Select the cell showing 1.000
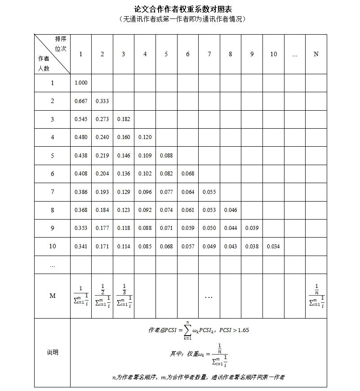pyautogui.click(x=81, y=83)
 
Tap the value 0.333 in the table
pyautogui.click(x=102, y=101)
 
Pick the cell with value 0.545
pyautogui.click(x=81, y=119)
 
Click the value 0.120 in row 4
pyautogui.click(x=145, y=137)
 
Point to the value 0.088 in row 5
pyautogui.click(x=166, y=156)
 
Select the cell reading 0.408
pyautogui.click(x=81, y=174)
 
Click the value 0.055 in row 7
pyautogui.click(x=209, y=192)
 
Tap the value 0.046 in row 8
pyautogui.click(x=230, y=210)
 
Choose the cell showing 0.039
pyautogui.click(x=252, y=228)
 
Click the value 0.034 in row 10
pyautogui.click(x=273, y=247)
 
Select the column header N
pyautogui.click(x=316, y=54)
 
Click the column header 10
pyautogui.click(x=273, y=54)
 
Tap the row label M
pyautogui.click(x=53, y=296)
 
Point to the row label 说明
pyautogui.click(x=53, y=352)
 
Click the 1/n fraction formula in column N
pyautogui.click(x=316, y=295)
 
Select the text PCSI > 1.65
pyautogui.click(x=234, y=330)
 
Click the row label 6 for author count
pyautogui.click(x=53, y=174)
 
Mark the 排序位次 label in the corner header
pyautogui.click(x=61, y=44)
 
